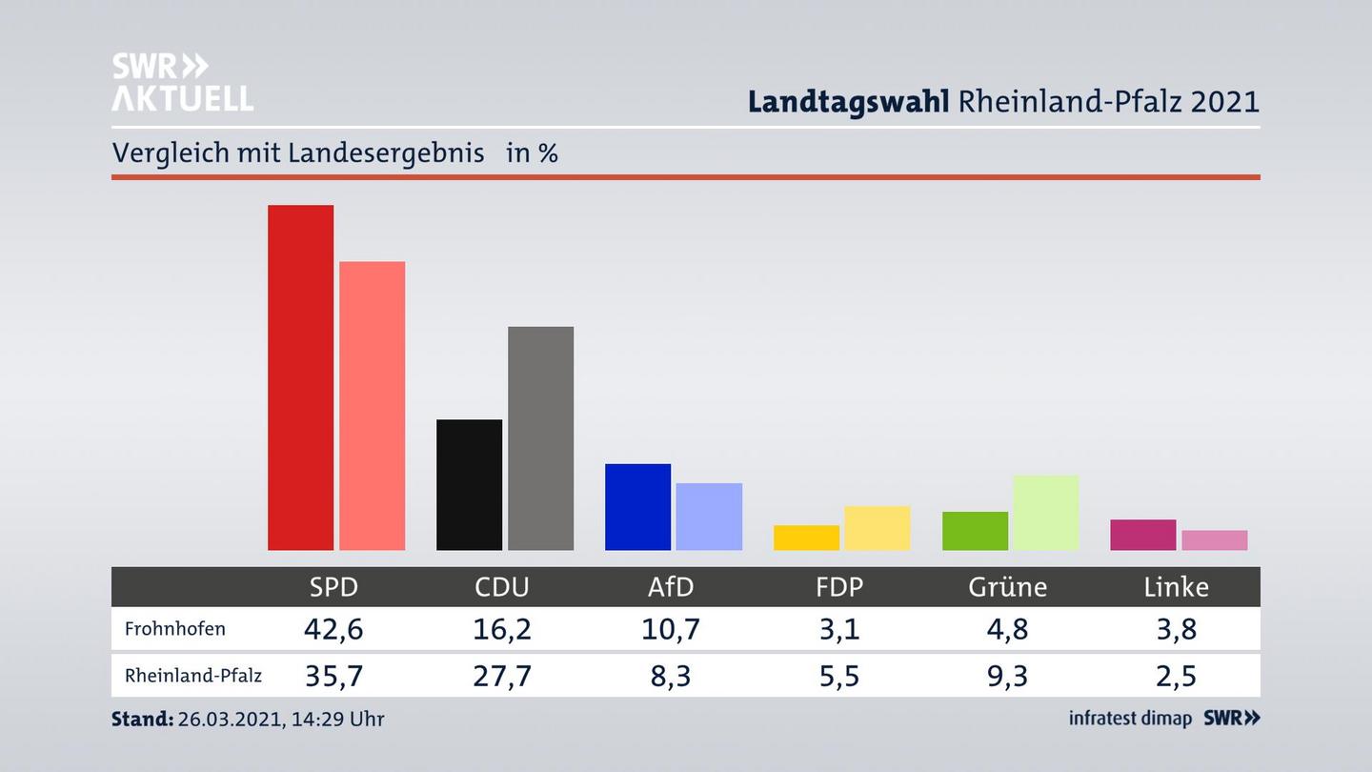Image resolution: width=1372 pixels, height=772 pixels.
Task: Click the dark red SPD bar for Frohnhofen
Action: pyautogui.click(x=300, y=377)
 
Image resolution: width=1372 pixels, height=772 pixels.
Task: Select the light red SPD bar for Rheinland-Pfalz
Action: pyautogui.click(x=372, y=405)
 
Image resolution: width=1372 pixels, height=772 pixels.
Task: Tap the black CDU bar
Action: pyautogui.click(x=469, y=484)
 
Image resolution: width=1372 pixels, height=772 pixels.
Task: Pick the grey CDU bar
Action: pyautogui.click(x=540, y=438)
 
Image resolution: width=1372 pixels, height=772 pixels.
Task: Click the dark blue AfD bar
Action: pyautogui.click(x=637, y=506)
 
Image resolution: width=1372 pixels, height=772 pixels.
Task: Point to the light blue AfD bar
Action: pyautogui.click(x=709, y=516)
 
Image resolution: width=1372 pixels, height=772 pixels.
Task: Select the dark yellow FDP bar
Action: pyautogui.click(x=806, y=538)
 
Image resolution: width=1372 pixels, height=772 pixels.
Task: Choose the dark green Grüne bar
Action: pyautogui.click(x=975, y=531)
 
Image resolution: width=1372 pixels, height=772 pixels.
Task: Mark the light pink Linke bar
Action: pyautogui.click(x=1214, y=539)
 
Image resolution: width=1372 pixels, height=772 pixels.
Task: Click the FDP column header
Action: pyautogui.click(x=839, y=587)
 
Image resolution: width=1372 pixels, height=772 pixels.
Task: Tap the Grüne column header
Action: pyautogui.click(x=1007, y=587)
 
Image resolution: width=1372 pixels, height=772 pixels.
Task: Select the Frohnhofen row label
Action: pyautogui.click(x=175, y=629)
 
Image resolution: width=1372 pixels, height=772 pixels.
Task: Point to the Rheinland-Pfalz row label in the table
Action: pyautogui.click(x=193, y=676)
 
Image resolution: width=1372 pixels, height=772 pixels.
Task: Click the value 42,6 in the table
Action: pyautogui.click(x=333, y=629)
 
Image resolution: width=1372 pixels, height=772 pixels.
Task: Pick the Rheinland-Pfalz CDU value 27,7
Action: pyautogui.click(x=502, y=676)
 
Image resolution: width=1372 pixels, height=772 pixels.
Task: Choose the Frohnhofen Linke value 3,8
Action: pyautogui.click(x=1176, y=629)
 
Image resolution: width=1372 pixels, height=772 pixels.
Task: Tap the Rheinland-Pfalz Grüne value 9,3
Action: pyautogui.click(x=1007, y=676)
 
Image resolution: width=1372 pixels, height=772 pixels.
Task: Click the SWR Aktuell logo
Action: pyautogui.click(x=182, y=82)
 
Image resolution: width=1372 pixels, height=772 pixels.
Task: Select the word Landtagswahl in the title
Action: pyautogui.click(x=848, y=101)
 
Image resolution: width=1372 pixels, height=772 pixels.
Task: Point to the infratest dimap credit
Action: pyautogui.click(x=1130, y=719)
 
